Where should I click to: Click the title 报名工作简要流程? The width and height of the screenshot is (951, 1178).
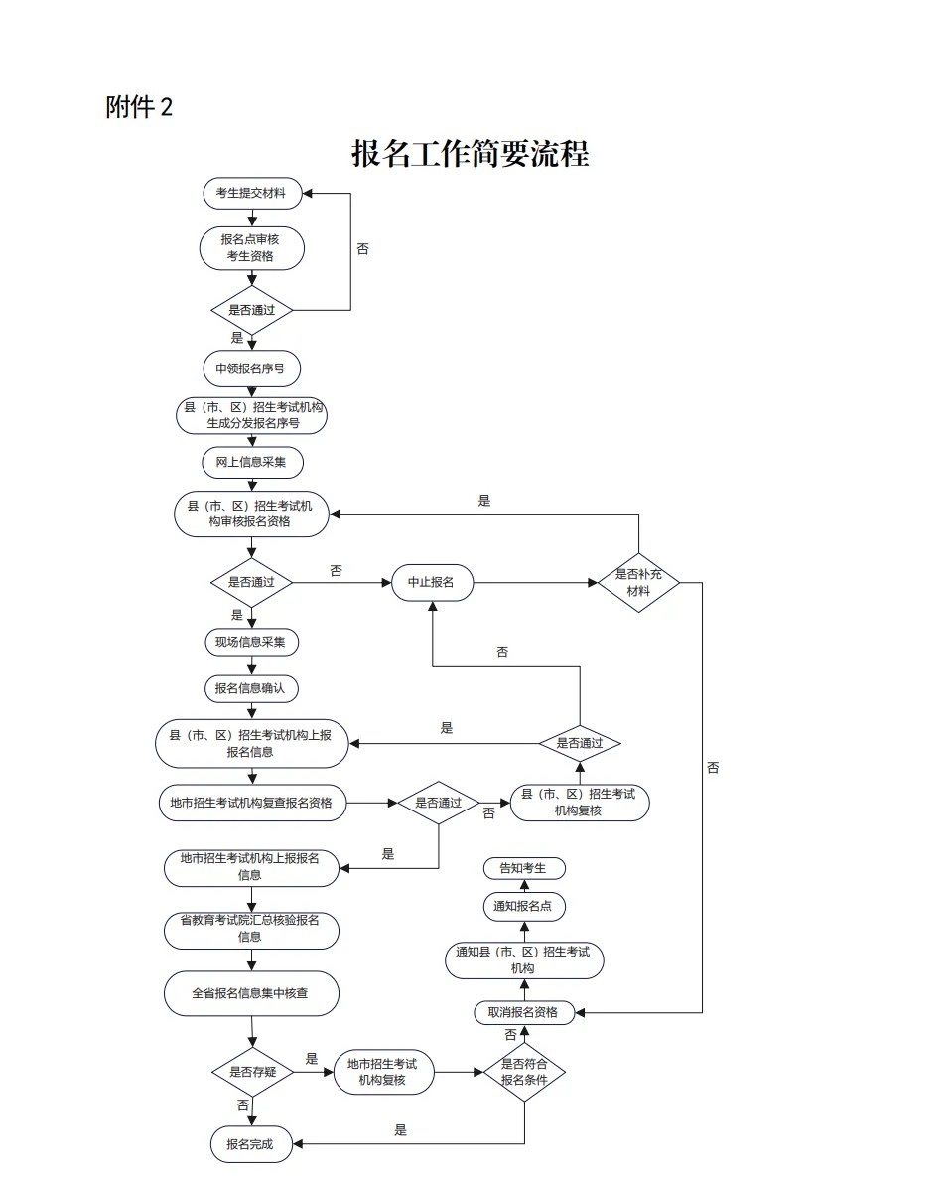470,154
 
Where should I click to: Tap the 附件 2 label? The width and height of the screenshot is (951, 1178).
139,107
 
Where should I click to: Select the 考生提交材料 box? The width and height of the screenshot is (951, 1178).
251,193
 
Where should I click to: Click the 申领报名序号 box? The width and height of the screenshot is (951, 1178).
251,368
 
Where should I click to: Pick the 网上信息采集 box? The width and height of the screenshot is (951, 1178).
251,462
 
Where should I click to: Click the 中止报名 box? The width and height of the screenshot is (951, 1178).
431,582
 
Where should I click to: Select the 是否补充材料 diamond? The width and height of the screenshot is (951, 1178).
638,582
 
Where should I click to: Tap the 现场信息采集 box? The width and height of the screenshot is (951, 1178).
251,642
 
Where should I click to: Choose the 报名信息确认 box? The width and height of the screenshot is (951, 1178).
251,687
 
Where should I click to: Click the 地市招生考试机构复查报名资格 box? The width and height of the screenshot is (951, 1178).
251,802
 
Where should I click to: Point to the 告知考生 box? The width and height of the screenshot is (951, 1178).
523,867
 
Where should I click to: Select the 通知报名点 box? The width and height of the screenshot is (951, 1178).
523,906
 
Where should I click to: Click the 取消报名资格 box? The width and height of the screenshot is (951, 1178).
523,1012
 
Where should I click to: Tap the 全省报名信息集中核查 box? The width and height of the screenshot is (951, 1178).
251,993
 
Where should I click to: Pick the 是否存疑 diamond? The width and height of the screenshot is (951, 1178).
251,1072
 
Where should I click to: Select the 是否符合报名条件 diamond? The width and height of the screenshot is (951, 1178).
524,1072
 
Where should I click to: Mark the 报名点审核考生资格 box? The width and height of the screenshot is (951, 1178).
251,248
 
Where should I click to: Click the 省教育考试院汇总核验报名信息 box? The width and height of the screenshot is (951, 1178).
251,929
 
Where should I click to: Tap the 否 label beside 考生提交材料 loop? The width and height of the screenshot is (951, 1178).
362,249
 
